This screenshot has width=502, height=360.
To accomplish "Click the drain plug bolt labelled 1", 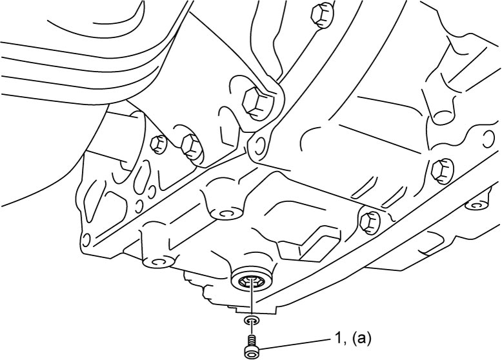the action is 252,346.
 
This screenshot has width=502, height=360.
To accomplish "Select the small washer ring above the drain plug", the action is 252,320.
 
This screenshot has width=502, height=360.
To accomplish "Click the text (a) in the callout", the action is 362,339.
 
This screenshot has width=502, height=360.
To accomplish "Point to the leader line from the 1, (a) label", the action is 295,343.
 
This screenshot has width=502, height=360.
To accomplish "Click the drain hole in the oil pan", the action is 252,281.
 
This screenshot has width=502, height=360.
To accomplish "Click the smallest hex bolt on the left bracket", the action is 159,144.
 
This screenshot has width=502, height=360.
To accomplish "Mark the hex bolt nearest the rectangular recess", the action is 369,220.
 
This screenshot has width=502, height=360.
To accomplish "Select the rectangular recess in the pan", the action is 309,244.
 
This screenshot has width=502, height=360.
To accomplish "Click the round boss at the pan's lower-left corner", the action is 157,261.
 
